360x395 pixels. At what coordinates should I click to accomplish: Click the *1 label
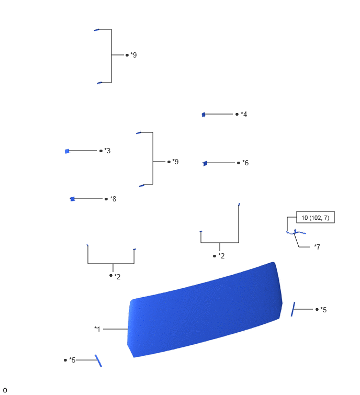pyautogui.click(x=97, y=329)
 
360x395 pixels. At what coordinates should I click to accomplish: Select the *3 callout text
pyautogui.click(x=107, y=151)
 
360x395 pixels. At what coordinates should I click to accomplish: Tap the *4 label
pyautogui.click(x=244, y=114)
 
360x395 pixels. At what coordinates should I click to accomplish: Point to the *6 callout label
pyautogui.click(x=245, y=163)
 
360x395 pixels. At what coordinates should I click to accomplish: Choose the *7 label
pyautogui.click(x=317, y=246)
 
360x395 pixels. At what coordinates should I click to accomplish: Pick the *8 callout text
pyautogui.click(x=113, y=199)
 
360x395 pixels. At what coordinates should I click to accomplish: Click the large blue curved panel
pyautogui.click(x=205, y=310)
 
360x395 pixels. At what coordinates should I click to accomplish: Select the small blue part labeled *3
pyautogui.click(x=67, y=151)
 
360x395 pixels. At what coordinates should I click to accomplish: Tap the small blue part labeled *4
pyautogui.click(x=204, y=115)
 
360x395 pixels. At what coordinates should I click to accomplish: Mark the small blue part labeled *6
pyautogui.click(x=205, y=163)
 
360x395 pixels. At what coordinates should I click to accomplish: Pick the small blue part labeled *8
pyautogui.click(x=73, y=199)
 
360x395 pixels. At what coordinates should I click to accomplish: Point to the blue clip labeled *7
pyautogui.click(x=296, y=232)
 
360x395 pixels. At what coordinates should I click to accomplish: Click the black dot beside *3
pyautogui.click(x=101, y=151)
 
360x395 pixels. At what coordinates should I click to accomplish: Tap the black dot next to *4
pyautogui.click(x=237, y=115)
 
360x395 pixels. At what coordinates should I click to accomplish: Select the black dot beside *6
pyautogui.click(x=239, y=163)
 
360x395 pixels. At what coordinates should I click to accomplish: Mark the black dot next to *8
pyautogui.click(x=106, y=199)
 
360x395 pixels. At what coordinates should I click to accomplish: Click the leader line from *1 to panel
pyautogui.click(x=116, y=329)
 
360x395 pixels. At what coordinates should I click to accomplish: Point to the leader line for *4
pyautogui.click(x=219, y=114)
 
